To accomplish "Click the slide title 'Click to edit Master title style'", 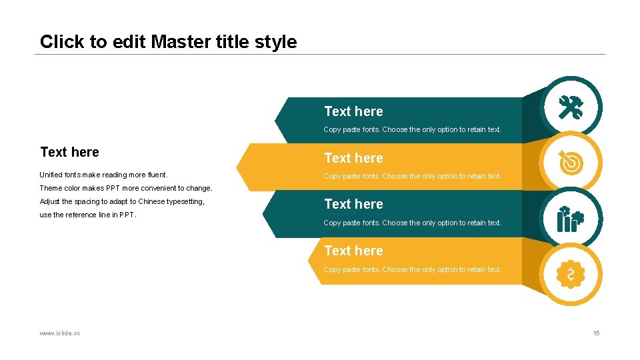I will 168,42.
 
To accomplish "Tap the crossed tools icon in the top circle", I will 571,107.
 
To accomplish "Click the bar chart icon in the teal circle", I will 571,218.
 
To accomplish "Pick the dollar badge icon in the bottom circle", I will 571,274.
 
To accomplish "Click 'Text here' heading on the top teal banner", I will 353,111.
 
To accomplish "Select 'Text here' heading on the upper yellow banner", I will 353,158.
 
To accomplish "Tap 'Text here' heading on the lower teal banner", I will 353,204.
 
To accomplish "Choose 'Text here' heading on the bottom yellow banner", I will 353,251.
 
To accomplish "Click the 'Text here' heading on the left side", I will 69,152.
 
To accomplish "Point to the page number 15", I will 596,333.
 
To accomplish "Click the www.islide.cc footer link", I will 60,333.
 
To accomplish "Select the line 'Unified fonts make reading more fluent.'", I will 103,175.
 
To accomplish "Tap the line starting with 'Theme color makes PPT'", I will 125,188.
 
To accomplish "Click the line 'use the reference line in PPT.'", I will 88,215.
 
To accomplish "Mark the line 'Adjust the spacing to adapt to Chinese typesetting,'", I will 122,201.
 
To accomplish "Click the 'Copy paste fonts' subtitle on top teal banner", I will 412,129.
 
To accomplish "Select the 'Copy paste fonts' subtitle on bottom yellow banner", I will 412,269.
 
